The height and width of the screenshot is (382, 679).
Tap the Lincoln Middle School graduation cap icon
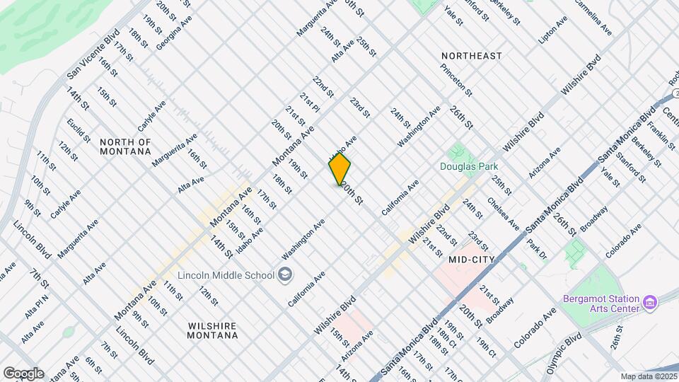(x=285, y=274)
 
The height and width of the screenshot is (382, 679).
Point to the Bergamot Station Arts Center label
(x=602, y=303)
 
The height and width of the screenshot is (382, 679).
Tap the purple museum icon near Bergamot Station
(x=651, y=302)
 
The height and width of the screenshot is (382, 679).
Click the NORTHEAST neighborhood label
(x=471, y=55)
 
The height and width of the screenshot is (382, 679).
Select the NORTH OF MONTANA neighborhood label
(x=125, y=146)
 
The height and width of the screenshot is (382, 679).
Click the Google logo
(x=23, y=374)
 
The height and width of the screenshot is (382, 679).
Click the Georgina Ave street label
(x=174, y=32)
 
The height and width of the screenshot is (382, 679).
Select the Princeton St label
(x=456, y=80)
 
